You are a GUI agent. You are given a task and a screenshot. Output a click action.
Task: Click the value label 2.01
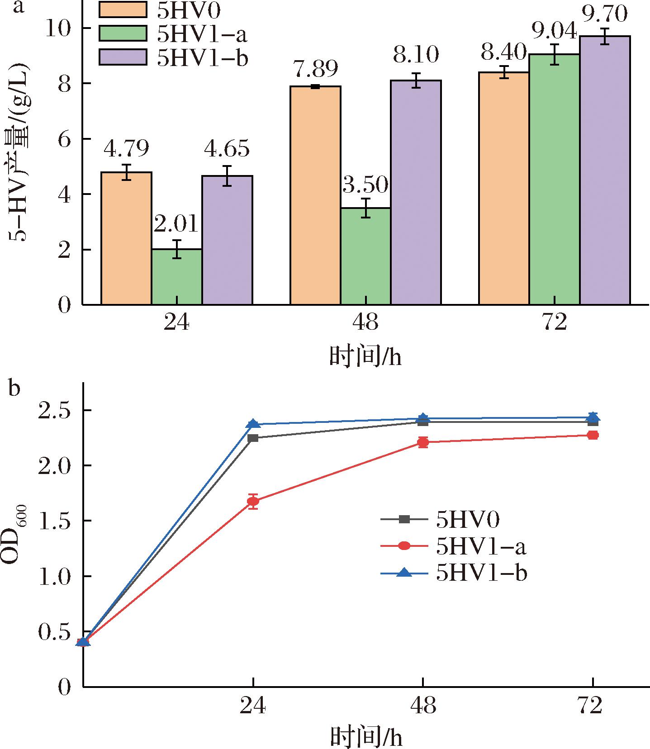click(x=176, y=224)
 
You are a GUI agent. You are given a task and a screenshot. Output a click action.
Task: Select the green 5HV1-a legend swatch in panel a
click(x=123, y=34)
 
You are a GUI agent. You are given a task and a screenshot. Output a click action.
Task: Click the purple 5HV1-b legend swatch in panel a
click(x=123, y=57)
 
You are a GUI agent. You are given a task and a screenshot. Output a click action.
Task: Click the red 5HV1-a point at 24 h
click(x=253, y=501)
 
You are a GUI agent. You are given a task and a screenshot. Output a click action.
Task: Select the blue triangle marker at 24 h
click(x=253, y=424)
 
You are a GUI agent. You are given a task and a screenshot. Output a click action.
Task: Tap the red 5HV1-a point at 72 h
click(x=593, y=435)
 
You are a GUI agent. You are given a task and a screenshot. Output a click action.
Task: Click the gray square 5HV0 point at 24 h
click(x=253, y=438)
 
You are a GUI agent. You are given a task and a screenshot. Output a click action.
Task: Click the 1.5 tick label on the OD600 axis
click(x=54, y=521)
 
